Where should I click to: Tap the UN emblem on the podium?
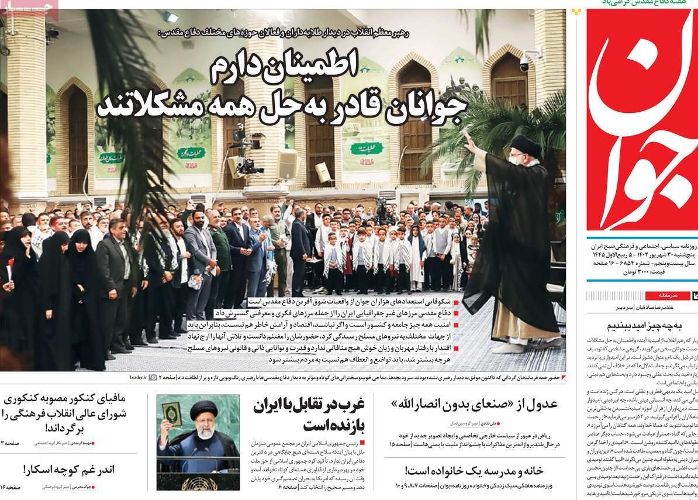[198, 483]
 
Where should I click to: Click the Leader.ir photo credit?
[139, 378]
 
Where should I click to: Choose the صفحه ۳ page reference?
[12, 443]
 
